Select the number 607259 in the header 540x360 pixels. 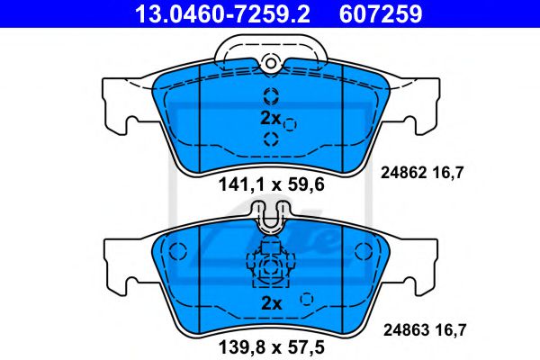click(x=377, y=13)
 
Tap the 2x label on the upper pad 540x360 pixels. click(x=270, y=119)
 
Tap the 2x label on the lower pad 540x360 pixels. click(x=270, y=304)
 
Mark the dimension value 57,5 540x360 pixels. click(x=302, y=344)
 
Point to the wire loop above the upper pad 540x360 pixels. click(x=270, y=40)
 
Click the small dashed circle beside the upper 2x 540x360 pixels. click(x=290, y=125)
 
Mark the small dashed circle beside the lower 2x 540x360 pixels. click(x=307, y=300)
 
